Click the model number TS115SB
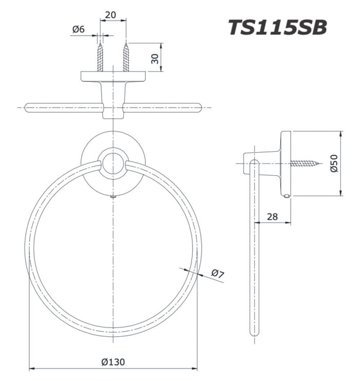[277, 27]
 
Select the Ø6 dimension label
[78, 30]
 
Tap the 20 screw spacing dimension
[110, 15]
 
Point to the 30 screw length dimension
[155, 57]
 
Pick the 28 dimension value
[272, 216]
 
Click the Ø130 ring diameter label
[113, 361]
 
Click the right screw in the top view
[125, 57]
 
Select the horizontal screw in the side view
[305, 164]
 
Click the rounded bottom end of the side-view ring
[254, 332]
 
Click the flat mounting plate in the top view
[113, 77]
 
